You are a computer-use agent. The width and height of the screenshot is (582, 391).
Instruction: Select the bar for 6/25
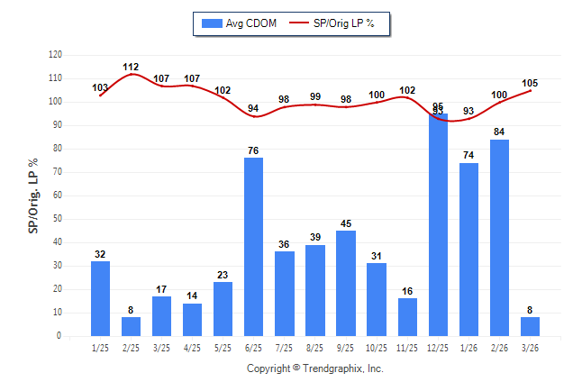(x=254, y=247)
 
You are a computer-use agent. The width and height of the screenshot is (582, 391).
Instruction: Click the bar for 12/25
(x=438, y=224)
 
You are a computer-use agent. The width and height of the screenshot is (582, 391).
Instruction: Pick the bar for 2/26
(x=499, y=238)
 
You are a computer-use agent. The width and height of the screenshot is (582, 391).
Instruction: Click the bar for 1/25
(x=101, y=298)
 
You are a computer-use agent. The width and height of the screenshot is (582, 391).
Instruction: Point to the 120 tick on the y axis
(x=55, y=55)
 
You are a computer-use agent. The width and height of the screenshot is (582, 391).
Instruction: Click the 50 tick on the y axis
(x=58, y=219)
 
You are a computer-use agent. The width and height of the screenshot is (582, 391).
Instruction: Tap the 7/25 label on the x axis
(x=285, y=348)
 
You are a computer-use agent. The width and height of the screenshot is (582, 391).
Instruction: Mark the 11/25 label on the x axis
(x=407, y=348)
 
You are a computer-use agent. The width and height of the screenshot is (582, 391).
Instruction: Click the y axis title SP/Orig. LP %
(x=33, y=195)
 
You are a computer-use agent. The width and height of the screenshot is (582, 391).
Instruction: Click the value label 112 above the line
(x=132, y=67)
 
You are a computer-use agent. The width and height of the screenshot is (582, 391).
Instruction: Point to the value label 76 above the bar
(x=254, y=150)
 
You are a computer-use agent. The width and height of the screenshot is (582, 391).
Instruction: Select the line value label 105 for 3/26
(x=530, y=83)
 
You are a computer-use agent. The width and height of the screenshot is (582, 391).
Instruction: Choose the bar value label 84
(x=499, y=132)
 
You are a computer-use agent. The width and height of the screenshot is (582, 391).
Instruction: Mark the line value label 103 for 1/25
(x=101, y=87)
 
